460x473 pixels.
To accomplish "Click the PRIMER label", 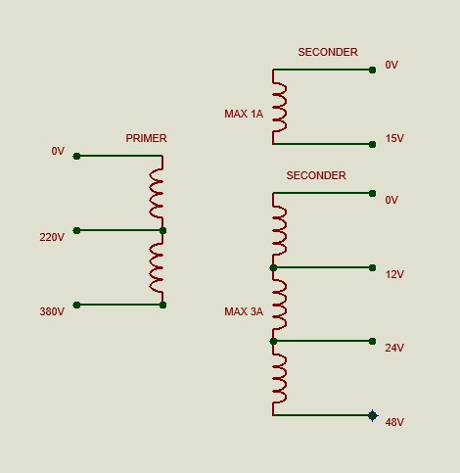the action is click(146, 138).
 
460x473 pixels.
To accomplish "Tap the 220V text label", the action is click(52, 237).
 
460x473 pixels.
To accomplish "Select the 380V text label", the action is click(52, 311).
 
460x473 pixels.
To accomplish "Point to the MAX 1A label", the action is click(244, 114).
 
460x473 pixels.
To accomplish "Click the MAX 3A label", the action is click(244, 311).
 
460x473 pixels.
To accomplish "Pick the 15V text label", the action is click(394, 138).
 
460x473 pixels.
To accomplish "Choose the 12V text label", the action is click(394, 274).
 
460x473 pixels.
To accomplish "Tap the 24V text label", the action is click(394, 348).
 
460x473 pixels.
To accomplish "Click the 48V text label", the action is click(394, 422).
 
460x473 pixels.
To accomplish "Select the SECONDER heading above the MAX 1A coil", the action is click(328, 52).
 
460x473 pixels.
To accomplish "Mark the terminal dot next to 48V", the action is click(372, 415).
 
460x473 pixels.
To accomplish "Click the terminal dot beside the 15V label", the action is click(372, 144).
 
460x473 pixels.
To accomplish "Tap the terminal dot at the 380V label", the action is click(76, 305).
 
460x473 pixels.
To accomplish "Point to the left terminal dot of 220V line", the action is click(76, 231).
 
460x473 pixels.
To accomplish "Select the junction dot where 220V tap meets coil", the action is click(162, 231).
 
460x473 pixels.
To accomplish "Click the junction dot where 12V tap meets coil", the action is click(273, 268).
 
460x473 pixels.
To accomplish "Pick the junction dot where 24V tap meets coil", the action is click(273, 342).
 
